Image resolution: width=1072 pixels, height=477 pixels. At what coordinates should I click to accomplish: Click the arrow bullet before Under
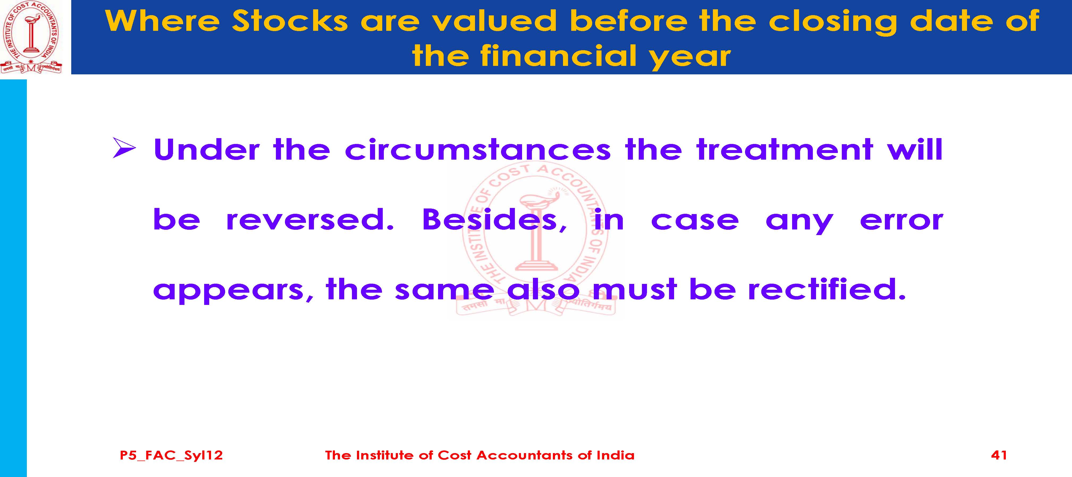[x=124, y=148]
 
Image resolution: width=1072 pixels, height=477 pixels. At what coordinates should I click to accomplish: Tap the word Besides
[x=494, y=220]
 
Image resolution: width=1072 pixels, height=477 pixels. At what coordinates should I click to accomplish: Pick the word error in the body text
[x=901, y=222]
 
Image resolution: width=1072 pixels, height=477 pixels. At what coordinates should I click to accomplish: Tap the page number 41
[x=999, y=455]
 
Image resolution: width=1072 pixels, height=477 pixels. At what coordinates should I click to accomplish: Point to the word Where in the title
[x=162, y=21]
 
